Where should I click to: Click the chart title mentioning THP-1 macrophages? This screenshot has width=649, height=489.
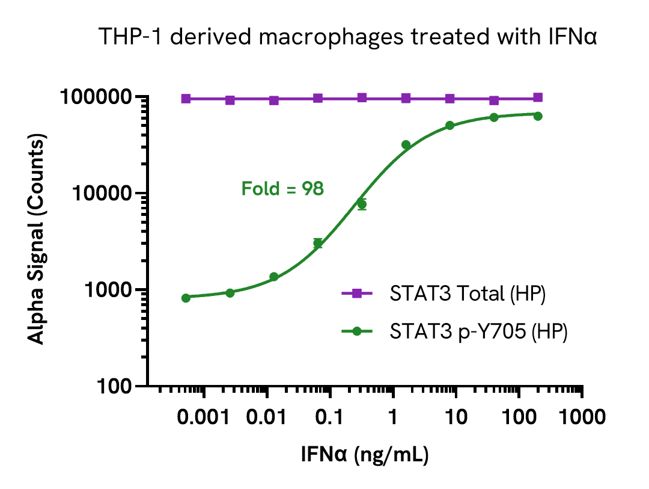click(348, 37)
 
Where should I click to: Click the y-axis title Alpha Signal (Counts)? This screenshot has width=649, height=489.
click(37, 241)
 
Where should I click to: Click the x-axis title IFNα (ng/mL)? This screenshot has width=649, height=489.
click(365, 455)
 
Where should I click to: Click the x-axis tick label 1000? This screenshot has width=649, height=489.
click(581, 418)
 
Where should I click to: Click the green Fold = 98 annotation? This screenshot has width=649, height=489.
click(282, 189)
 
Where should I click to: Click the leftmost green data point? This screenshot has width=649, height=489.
click(186, 298)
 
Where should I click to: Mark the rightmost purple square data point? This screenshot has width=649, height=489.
click(538, 97)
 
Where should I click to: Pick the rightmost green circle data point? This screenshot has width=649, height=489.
click(538, 116)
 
